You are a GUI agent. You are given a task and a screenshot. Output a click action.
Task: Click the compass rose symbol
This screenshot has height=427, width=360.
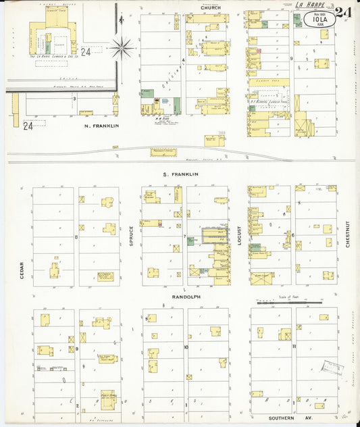coord(122,47)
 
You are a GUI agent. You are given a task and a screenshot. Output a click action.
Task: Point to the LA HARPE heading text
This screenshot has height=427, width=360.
coord(310,5)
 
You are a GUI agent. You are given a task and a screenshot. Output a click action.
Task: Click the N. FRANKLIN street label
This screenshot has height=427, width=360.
coord(101,126)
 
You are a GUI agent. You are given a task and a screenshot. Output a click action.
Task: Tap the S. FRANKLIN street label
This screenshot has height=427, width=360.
coord(180,174)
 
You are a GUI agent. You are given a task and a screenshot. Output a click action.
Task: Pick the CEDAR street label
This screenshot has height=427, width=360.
coord(22,271)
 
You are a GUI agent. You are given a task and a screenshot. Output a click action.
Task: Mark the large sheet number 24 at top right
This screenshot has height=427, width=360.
coord(343,11)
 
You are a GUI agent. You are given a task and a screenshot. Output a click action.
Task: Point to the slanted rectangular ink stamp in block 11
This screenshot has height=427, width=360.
coord(332,368)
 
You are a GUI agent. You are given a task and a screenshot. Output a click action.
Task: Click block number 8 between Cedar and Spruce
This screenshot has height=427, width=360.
coord(77,236)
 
